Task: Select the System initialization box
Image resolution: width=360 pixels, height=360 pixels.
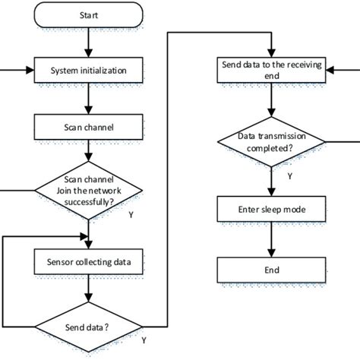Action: (89, 71)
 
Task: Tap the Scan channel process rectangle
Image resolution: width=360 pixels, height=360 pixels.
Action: (89, 128)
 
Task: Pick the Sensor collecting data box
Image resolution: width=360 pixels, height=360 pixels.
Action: (89, 263)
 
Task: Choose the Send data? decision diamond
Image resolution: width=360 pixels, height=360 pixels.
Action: (89, 327)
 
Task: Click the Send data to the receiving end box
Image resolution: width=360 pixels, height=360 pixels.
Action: (271, 71)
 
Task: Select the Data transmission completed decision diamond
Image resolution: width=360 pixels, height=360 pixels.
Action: (271, 141)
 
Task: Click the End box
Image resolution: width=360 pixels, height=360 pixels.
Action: (271, 270)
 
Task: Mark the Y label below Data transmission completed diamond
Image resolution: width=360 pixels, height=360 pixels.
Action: (289, 175)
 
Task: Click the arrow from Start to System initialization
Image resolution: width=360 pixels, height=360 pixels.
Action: (89, 45)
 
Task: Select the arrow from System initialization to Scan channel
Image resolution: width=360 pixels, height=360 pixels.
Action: (89, 99)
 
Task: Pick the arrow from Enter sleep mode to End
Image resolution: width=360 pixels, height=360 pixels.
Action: (271, 238)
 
